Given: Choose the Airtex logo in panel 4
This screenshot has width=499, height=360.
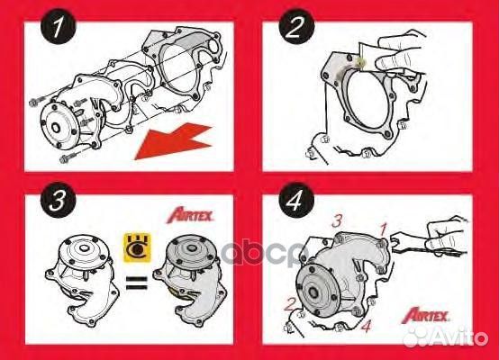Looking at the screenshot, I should [442, 313].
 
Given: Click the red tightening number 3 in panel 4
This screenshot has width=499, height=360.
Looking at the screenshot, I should [336, 220].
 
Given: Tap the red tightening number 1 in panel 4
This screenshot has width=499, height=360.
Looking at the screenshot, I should [382, 230].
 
